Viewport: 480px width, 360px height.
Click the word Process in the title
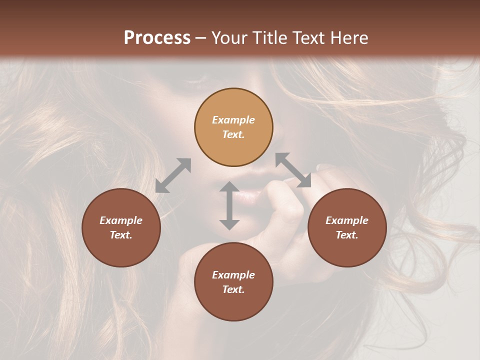pyautogui.click(x=157, y=38)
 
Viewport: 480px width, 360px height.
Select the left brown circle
pyautogui.click(x=121, y=227)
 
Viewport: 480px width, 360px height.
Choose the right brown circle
pyautogui.click(x=347, y=227)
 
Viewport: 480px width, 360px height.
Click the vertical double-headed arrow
pyautogui.click(x=229, y=205)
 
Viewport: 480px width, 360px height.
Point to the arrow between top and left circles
pyautogui.click(x=173, y=175)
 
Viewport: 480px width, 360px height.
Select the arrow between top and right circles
pyautogui.click(x=293, y=170)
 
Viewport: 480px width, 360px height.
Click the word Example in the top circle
pyautogui.click(x=233, y=120)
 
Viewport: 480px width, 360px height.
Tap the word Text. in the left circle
pyautogui.click(x=121, y=235)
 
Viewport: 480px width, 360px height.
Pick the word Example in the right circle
pyautogui.click(x=347, y=220)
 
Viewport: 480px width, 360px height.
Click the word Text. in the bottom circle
pyautogui.click(x=233, y=289)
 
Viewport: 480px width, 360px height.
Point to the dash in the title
pyautogui.click(x=201, y=38)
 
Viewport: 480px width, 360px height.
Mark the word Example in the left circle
pyautogui.click(x=121, y=220)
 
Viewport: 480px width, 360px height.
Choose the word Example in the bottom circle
pyautogui.click(x=233, y=275)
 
